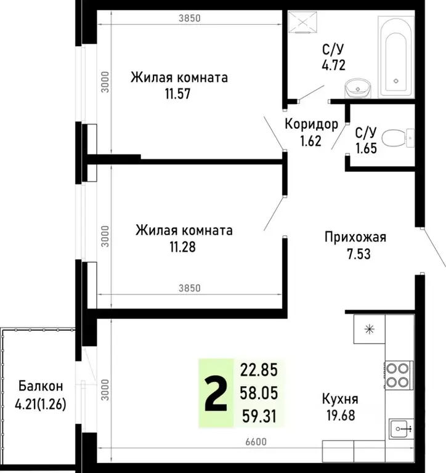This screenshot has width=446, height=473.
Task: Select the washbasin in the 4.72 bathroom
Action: pos(357,88)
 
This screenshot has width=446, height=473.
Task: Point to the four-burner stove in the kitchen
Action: pos(398,375)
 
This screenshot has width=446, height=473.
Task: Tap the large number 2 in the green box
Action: pos(215,393)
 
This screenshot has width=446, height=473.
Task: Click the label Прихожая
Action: pos(355,237)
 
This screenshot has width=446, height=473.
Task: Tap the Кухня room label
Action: pos(339,398)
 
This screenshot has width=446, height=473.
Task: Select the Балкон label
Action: pos(40,387)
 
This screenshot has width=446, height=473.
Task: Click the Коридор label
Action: pos(311,125)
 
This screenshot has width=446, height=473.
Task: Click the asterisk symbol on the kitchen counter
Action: pos(369,329)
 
